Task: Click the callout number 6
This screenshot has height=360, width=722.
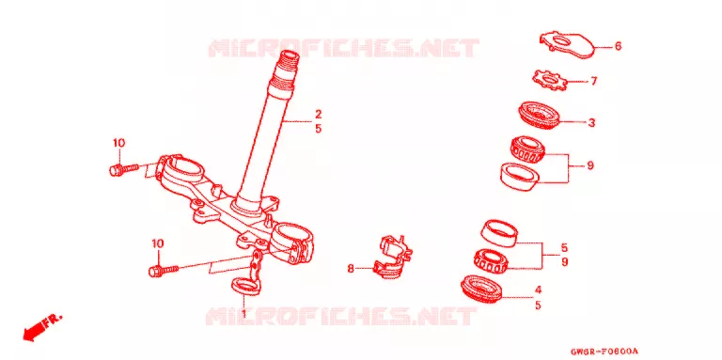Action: (x=618, y=46)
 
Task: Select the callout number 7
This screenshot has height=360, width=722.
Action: (x=593, y=82)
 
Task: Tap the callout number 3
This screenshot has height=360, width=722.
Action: (x=591, y=123)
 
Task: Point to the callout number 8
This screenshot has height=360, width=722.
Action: (x=351, y=269)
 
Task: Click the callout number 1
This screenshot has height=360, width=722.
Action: (x=244, y=314)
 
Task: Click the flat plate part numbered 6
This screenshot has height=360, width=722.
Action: (x=567, y=45)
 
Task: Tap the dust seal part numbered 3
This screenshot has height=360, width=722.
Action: (x=537, y=115)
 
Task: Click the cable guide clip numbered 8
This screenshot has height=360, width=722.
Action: (x=392, y=258)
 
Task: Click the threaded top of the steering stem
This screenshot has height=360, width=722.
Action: (x=286, y=69)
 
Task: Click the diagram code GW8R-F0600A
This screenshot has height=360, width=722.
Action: (x=604, y=352)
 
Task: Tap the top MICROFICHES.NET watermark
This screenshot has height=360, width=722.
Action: (x=343, y=48)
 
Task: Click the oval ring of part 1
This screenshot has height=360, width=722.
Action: (x=244, y=286)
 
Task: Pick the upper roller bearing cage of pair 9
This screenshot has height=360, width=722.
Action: (x=528, y=149)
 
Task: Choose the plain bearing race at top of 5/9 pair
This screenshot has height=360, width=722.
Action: (x=498, y=233)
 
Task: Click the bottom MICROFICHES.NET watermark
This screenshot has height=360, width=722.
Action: (x=341, y=317)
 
